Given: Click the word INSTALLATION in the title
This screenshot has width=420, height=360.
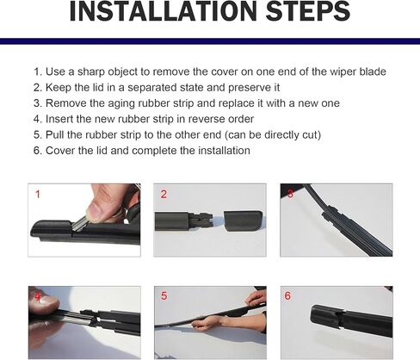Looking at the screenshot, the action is pos(163,11).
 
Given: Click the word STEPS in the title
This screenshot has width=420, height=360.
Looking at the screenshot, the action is pos(308,11).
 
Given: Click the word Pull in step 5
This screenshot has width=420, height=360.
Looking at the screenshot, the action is pos(55,134).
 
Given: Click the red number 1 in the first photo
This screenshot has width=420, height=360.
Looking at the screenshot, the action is pos(37,195).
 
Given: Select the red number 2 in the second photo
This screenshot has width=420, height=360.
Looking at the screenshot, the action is pos(164,195).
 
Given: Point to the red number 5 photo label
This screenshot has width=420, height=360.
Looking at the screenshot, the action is pos(164,295).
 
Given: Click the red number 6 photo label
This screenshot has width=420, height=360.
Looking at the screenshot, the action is pos(287,295).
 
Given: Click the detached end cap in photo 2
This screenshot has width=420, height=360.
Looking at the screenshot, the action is pos(243,221).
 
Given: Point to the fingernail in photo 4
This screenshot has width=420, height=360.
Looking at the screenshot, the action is pos(49,301).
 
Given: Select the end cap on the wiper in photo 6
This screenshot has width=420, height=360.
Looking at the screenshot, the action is pos(326,317).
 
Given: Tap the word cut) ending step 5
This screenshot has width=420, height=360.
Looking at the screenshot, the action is pos(312,135).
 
